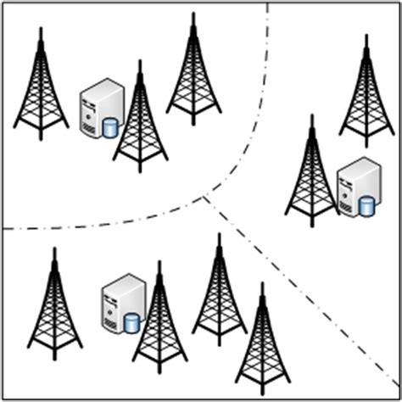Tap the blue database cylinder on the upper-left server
(109, 128)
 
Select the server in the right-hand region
(356, 186)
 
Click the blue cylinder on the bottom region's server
(131, 323)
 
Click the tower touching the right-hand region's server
(312, 174)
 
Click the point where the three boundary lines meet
(206, 198)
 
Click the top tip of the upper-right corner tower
(366, 36)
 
